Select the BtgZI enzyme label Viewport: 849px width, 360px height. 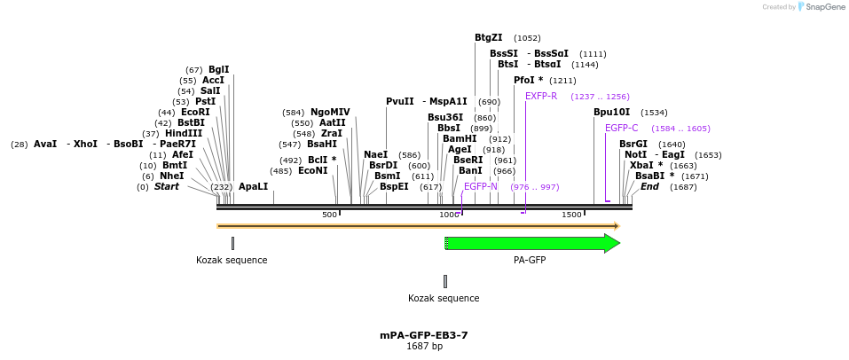(x=488, y=37)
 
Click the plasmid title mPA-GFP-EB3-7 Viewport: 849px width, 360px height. (x=423, y=335)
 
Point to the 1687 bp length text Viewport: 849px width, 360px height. (x=423, y=347)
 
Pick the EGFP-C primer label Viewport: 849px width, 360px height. (x=621, y=129)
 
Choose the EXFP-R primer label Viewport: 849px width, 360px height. (x=541, y=96)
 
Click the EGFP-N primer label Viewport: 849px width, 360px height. (x=480, y=186)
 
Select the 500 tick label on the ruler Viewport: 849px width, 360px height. (x=329, y=215)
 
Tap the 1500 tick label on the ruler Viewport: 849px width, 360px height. (x=571, y=215)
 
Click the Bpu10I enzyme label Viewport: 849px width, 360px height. (x=611, y=113)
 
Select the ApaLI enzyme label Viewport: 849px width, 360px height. (x=253, y=187)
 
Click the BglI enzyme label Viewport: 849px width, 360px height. (x=218, y=69)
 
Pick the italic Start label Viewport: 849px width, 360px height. (x=166, y=187)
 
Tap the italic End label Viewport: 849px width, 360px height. (x=649, y=187)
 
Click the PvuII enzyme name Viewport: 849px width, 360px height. (x=400, y=101)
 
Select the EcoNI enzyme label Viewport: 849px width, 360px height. (x=312, y=170)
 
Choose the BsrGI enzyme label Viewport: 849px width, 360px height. (x=633, y=144)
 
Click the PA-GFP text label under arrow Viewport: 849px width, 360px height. (x=530, y=260)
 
